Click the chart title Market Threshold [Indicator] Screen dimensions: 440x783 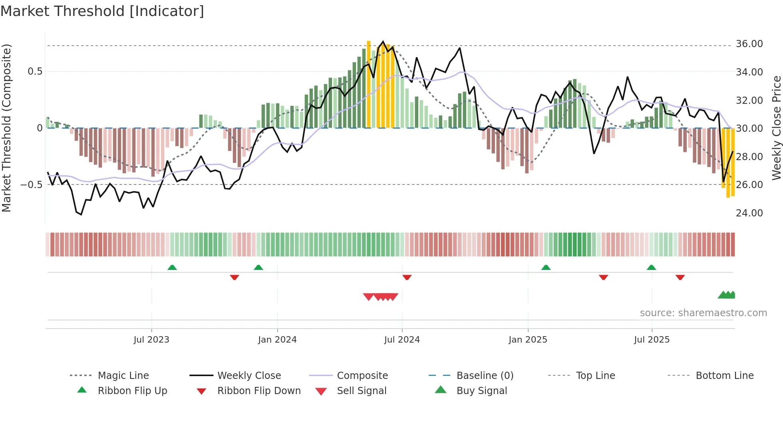tap(102, 11)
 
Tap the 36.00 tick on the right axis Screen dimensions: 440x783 tap(749, 44)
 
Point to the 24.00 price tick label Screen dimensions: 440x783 tap(749, 213)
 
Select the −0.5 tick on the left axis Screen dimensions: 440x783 tap(31, 185)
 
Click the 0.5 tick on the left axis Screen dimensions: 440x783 tap(35, 71)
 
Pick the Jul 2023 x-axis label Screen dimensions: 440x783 tap(151, 340)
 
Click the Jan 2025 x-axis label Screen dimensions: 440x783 tap(528, 340)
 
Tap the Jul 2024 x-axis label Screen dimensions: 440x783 tap(402, 340)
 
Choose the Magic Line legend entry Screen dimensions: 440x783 tap(123, 376)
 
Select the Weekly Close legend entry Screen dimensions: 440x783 tap(249, 376)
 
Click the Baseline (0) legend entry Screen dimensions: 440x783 tap(485, 376)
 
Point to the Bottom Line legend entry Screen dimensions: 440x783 tap(724, 376)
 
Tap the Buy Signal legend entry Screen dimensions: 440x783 tap(481, 391)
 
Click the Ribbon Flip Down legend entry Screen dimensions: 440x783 tap(259, 391)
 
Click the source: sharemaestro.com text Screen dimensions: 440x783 tap(703, 313)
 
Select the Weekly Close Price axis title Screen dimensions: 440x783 tap(776, 128)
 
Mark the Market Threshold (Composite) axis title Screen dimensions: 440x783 tap(6, 128)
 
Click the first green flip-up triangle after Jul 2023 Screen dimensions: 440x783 tap(172, 268)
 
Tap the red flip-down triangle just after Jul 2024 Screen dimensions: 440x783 tap(407, 277)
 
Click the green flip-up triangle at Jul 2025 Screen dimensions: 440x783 tap(652, 268)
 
